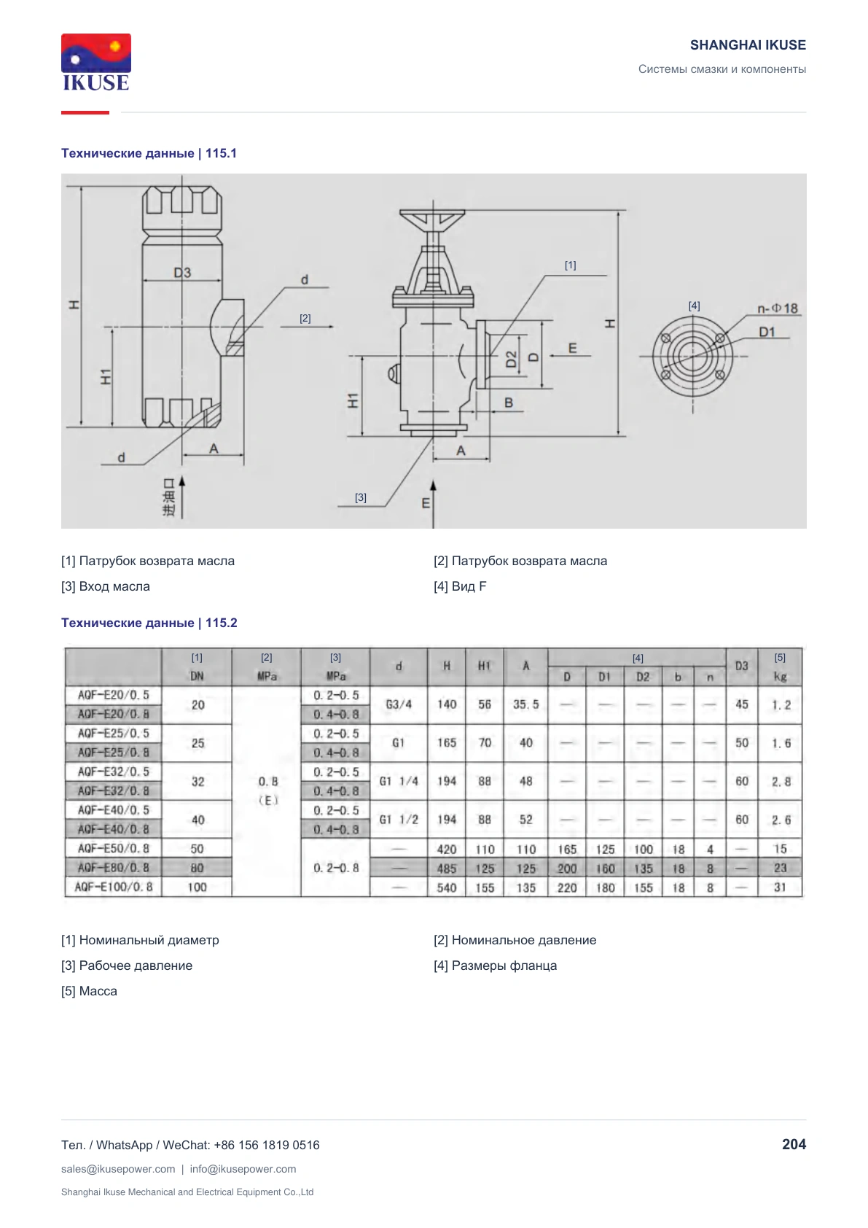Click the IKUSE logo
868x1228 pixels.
[96, 63]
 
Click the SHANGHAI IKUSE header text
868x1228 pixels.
[748, 45]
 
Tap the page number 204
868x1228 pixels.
[794, 1144]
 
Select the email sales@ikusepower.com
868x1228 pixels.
[118, 1169]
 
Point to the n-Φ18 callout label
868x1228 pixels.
[777, 308]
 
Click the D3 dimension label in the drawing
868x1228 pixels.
[182, 273]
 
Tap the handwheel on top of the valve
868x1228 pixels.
[432, 218]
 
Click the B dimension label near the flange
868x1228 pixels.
[509, 403]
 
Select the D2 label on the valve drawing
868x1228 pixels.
[512, 360]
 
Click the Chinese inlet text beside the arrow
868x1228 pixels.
[169, 497]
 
